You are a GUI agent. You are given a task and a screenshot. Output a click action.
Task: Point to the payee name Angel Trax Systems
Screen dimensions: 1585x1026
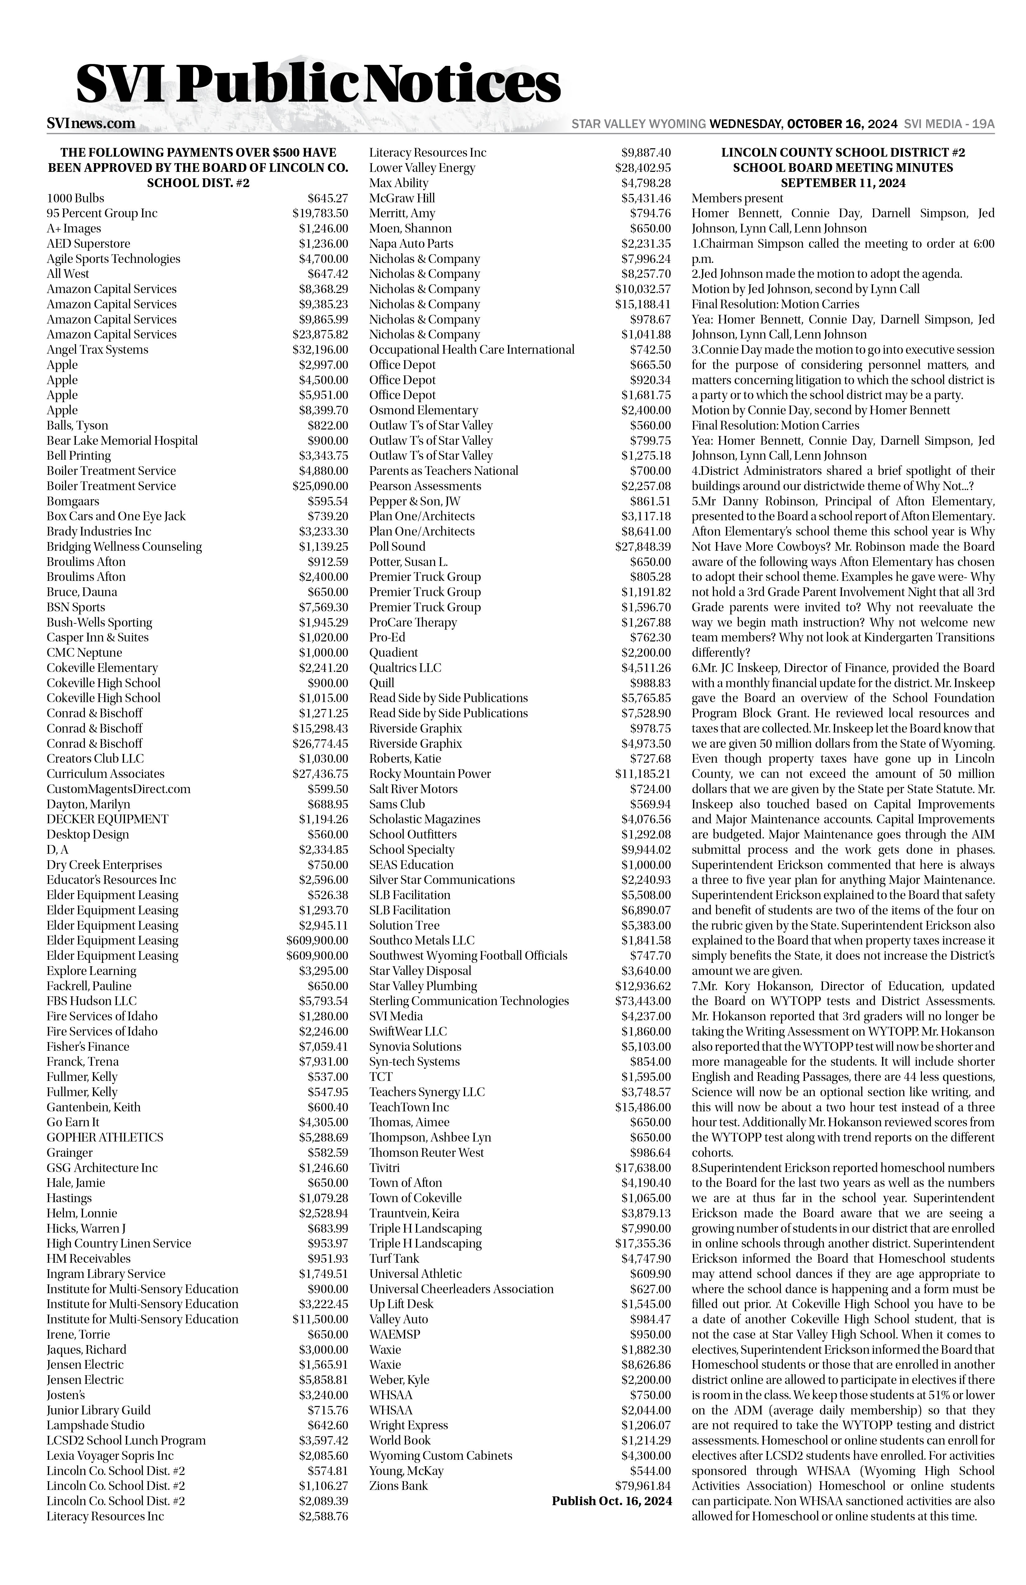(97, 350)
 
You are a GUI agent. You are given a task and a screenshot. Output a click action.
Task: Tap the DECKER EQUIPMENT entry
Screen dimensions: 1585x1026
(107, 819)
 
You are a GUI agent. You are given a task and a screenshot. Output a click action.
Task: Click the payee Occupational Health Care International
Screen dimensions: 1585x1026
(472, 350)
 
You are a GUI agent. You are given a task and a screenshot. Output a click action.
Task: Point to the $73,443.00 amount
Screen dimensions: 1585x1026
(643, 1001)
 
